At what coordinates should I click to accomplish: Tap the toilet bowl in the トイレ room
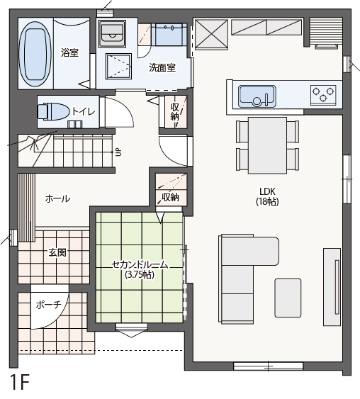click(x=54, y=111)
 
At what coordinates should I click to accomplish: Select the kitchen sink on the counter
click(x=257, y=96)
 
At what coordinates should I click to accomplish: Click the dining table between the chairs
click(x=267, y=145)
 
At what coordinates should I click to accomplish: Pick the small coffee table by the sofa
click(x=288, y=298)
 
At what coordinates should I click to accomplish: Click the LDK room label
click(x=267, y=191)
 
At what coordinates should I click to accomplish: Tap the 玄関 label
click(x=57, y=252)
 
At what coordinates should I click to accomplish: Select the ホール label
click(x=57, y=198)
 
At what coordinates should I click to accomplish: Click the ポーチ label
click(x=48, y=304)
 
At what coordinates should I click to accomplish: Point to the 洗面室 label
click(x=162, y=68)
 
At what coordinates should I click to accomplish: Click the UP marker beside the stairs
click(x=118, y=152)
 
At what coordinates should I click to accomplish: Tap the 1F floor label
click(x=20, y=383)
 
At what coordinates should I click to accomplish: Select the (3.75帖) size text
click(x=140, y=274)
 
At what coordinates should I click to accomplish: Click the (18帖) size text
click(x=267, y=201)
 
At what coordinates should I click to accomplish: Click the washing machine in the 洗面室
click(x=113, y=34)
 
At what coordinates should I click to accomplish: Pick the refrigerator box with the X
click(x=211, y=34)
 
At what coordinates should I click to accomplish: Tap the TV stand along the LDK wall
click(x=332, y=287)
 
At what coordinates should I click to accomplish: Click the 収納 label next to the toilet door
click(x=175, y=112)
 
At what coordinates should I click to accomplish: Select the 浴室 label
click(x=69, y=52)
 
